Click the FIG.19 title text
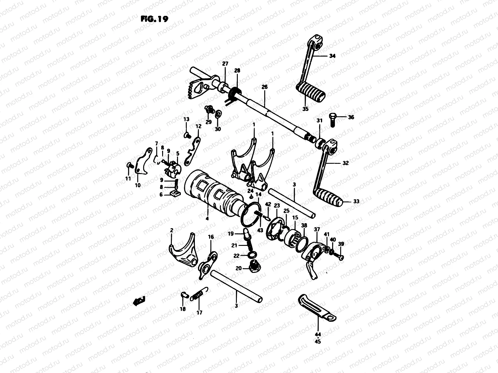click(154, 19)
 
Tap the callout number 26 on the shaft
click(265, 87)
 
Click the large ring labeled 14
click(250, 215)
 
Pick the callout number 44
click(318, 335)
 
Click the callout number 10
click(138, 185)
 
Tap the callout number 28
click(237, 71)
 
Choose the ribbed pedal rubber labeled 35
click(310, 90)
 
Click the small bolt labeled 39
click(339, 256)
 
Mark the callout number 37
click(317, 229)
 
